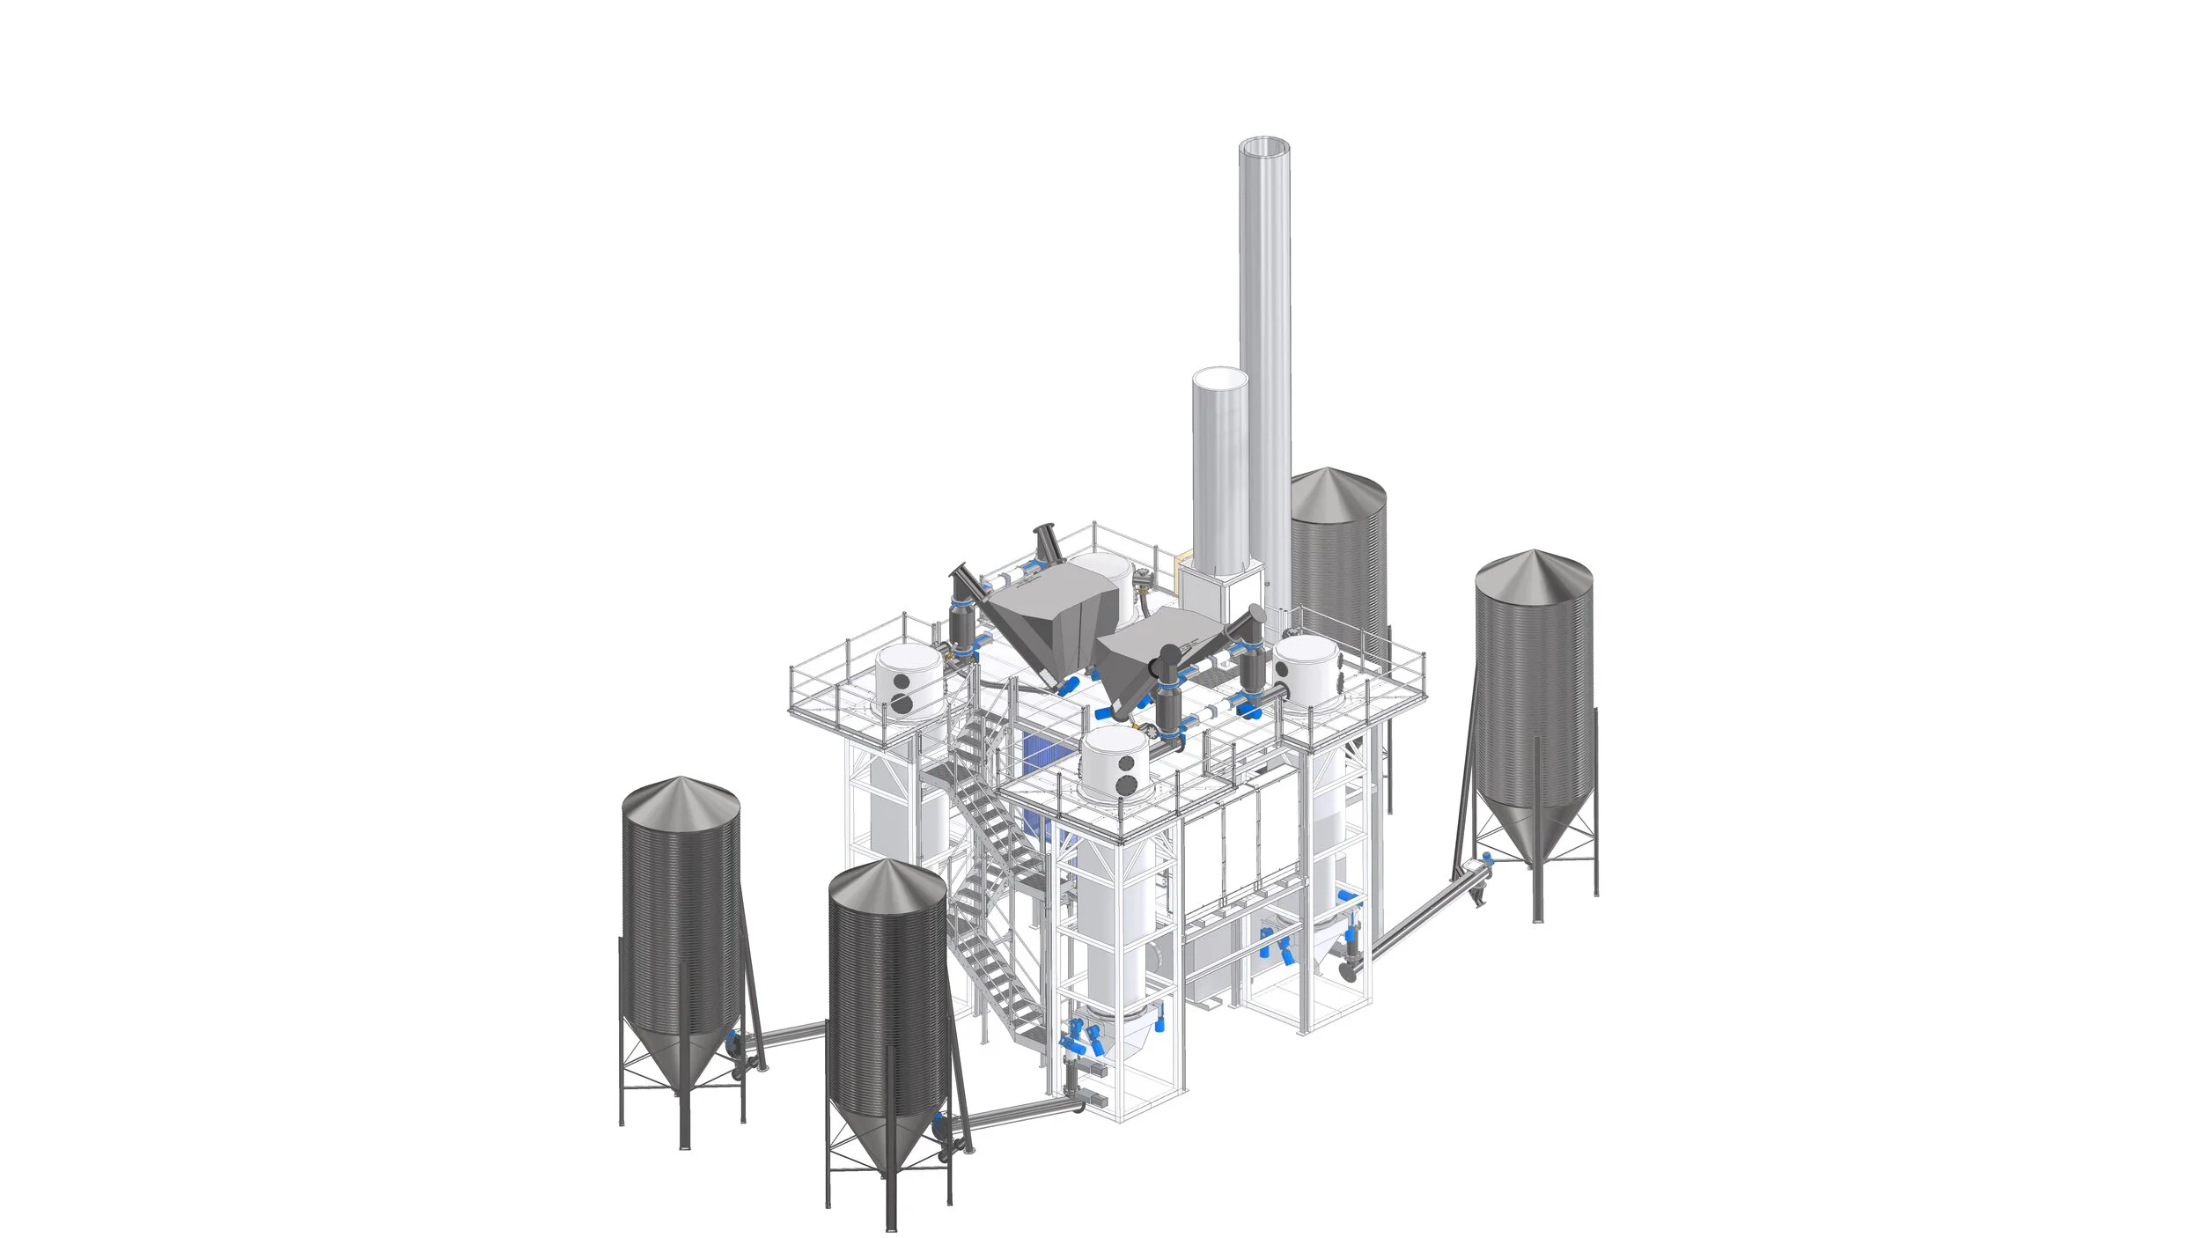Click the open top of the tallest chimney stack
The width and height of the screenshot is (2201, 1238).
[1264, 146]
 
